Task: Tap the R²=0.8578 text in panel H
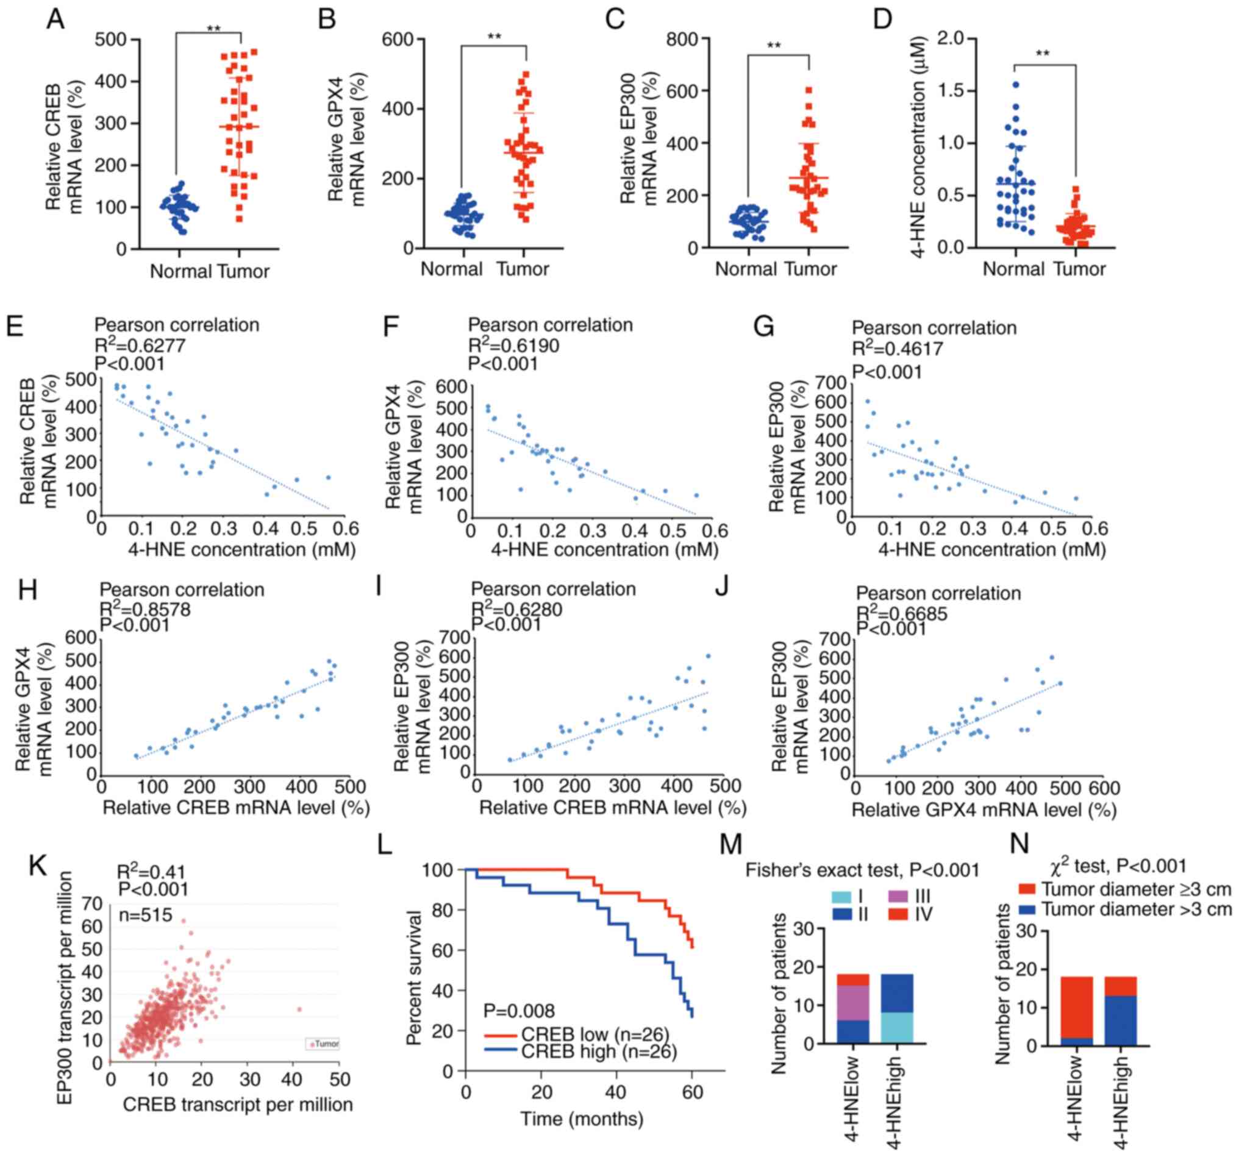[145, 609]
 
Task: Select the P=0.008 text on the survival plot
[519, 1011]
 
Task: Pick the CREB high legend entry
[580, 1051]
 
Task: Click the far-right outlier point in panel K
[299, 1009]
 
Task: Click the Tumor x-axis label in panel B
[523, 269]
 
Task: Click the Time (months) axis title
[582, 1119]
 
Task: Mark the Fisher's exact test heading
[863, 870]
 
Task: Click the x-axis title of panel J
[984, 810]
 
